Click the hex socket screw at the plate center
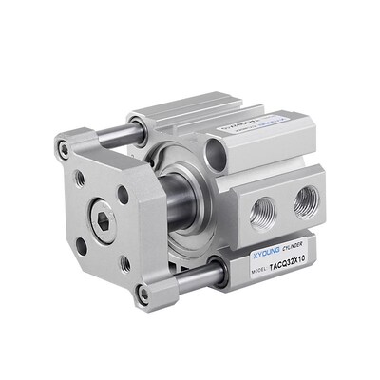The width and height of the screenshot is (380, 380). click(x=102, y=223)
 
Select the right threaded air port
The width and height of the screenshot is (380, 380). click(x=306, y=199)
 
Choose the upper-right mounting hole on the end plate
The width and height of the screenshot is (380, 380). click(x=123, y=195)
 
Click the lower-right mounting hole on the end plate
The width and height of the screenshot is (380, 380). click(x=124, y=263)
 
